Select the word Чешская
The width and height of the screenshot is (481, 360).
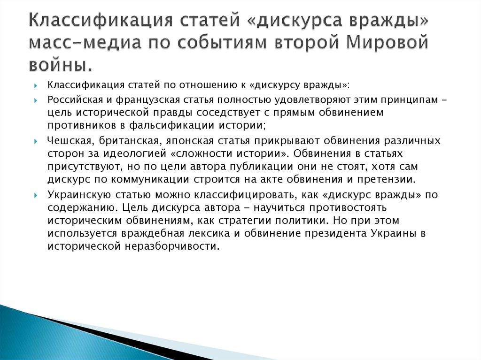pos(65,141)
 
